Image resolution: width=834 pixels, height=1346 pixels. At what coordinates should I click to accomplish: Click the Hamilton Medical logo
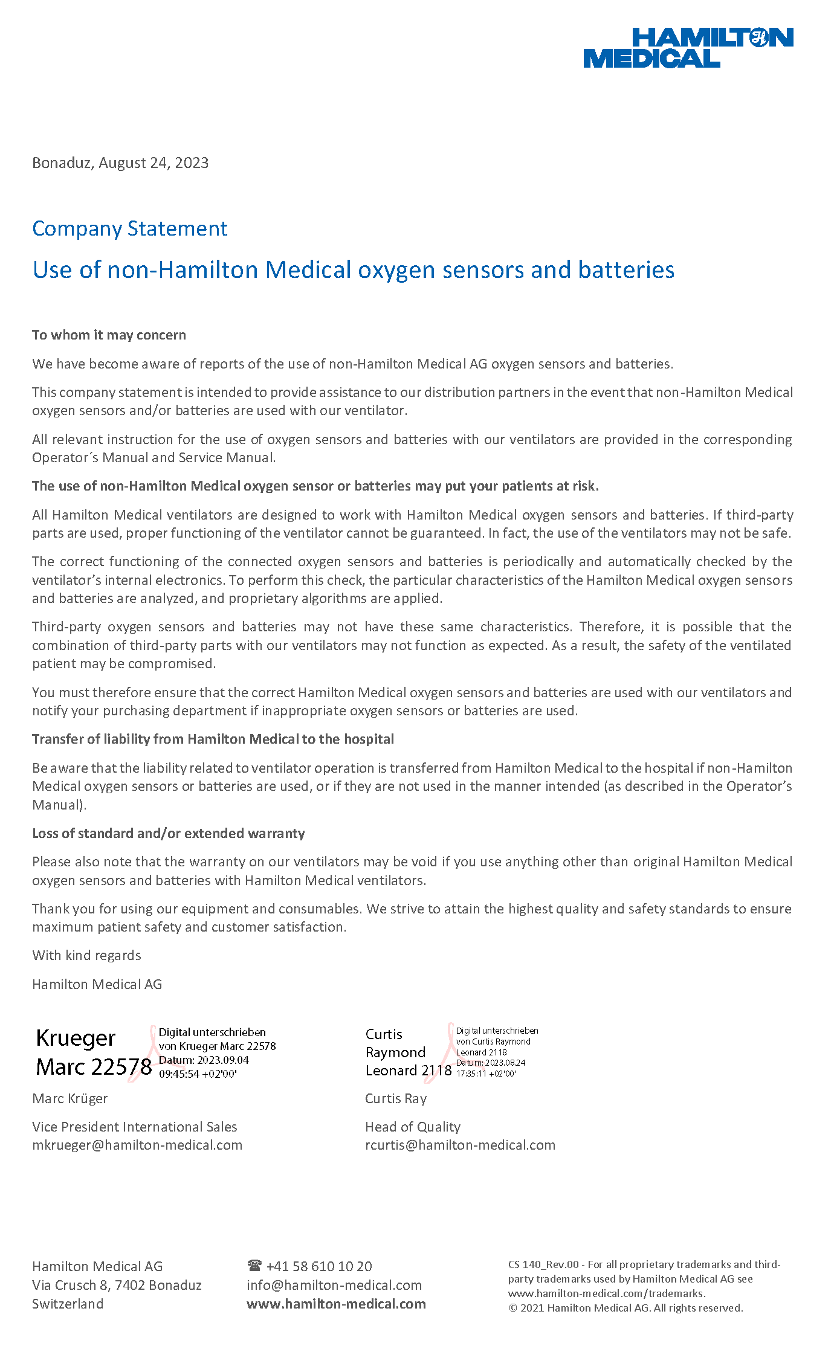(688, 48)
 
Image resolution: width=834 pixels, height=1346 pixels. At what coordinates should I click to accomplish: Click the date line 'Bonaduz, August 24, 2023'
(120, 163)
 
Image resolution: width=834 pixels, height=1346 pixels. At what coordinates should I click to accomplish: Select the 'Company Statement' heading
(129, 229)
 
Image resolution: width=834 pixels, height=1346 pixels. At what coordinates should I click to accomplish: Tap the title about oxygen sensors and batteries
(353, 270)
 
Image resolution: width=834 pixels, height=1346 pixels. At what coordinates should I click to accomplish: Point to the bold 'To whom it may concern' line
(109, 335)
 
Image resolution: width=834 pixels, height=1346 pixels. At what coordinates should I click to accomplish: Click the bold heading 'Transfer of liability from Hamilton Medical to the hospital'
(213, 739)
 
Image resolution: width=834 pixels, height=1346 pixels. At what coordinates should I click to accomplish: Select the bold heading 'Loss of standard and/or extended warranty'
(168, 834)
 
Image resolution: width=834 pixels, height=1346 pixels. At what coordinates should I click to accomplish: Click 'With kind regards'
(86, 956)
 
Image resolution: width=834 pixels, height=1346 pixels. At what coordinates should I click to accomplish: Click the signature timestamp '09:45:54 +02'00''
(198, 1074)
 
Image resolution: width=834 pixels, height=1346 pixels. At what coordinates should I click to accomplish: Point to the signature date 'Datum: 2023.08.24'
(490, 1063)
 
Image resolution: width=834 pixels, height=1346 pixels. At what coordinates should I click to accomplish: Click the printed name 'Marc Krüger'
(70, 1099)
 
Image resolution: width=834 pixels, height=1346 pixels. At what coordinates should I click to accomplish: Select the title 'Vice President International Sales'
(134, 1127)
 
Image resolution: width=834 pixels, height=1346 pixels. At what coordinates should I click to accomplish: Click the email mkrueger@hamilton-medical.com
(137, 1145)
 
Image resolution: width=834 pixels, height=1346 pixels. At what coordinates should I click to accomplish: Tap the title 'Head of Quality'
(413, 1127)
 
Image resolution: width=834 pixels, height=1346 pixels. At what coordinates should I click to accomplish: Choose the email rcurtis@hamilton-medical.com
(460, 1145)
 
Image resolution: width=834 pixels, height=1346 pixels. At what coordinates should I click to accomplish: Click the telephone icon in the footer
(254, 1266)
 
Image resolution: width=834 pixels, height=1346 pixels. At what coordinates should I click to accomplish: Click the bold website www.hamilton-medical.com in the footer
(336, 1304)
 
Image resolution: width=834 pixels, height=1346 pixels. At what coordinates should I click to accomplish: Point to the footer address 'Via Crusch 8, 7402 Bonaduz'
(117, 1286)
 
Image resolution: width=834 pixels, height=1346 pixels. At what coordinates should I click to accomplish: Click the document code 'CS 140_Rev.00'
(543, 1265)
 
